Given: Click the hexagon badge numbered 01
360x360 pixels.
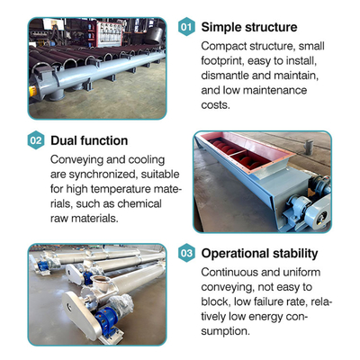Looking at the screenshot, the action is [186, 27].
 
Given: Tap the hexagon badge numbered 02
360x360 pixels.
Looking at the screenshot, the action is [36, 140].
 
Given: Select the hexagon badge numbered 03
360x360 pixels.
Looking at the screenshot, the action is [186, 253].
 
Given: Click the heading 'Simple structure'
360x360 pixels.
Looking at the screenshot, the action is [249, 27].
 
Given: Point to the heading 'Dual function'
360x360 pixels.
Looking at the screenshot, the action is [89, 140].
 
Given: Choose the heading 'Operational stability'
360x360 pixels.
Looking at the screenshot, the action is [259, 254].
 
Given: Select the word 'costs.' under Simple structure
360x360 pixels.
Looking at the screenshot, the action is [215, 105].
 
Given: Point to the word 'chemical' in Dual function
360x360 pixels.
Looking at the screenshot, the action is [139, 203].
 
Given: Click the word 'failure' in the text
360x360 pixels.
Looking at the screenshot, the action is [266, 301].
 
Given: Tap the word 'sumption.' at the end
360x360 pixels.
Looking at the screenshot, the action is [225, 331].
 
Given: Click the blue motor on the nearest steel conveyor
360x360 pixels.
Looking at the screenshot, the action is [105, 318].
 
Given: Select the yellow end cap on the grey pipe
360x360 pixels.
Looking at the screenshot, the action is [32, 90].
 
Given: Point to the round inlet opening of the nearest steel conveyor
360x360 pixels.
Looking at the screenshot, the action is [102, 280].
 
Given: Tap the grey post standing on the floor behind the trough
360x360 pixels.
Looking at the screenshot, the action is [309, 147].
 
